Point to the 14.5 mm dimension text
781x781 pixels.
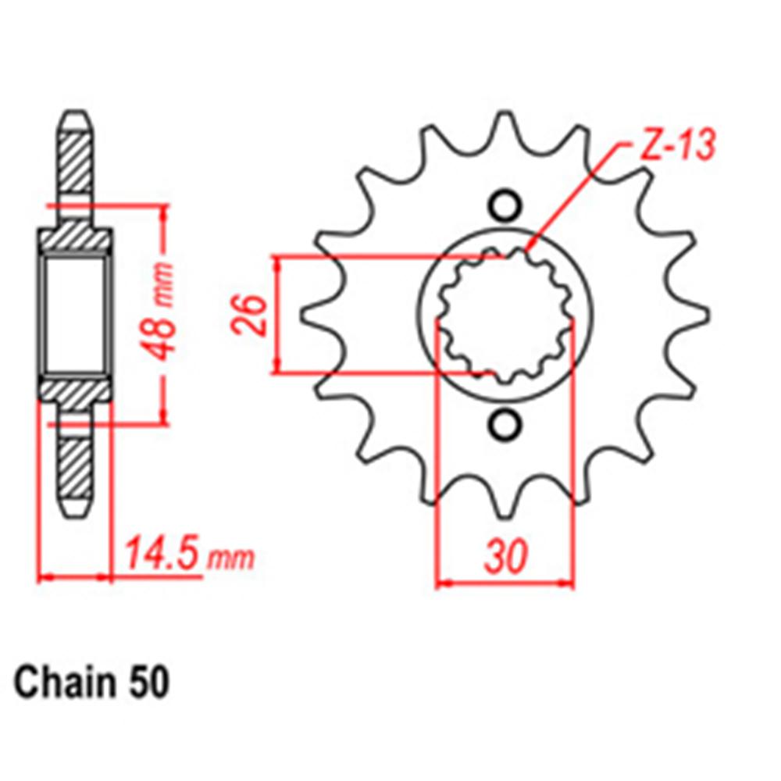[x=188, y=555]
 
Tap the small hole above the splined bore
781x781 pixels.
[x=505, y=205]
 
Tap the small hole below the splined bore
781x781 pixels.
[x=505, y=426]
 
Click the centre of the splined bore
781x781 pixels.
[x=505, y=316]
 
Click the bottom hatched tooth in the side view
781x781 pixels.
[x=76, y=469]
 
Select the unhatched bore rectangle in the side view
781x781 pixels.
[x=75, y=314]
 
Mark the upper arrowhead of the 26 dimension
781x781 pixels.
[x=276, y=262]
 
